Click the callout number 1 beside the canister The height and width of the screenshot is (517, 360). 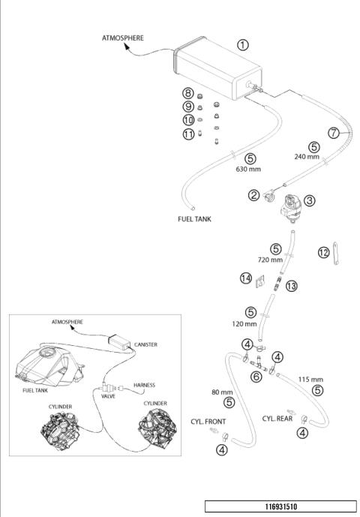point(243,45)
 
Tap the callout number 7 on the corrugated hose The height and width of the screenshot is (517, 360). point(334,133)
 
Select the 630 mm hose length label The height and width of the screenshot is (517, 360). point(248,169)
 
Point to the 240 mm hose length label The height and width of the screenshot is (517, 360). point(307,157)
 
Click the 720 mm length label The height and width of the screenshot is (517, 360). point(270,260)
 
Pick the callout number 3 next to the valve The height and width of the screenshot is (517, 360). point(309,200)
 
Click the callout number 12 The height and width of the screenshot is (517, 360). point(324,253)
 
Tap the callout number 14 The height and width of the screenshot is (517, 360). point(246,278)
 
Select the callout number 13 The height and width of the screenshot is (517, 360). point(292,286)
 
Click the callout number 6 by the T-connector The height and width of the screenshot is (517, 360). point(256,377)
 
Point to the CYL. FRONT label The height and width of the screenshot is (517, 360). point(208,422)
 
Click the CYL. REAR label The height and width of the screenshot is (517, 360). point(277,419)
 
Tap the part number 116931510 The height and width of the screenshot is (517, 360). point(281,506)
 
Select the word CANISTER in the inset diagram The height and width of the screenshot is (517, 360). point(145,344)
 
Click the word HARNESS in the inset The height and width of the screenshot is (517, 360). point(145,385)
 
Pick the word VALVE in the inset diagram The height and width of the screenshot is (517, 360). point(108,396)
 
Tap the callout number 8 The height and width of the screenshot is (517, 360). point(188,93)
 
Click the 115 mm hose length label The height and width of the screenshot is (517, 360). point(310,380)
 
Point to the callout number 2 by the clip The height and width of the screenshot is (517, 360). point(253,195)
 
